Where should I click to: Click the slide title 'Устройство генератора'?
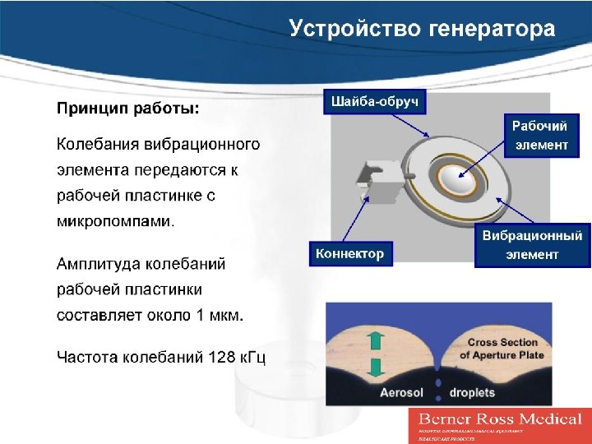click(x=422, y=30)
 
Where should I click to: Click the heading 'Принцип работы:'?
click(x=127, y=109)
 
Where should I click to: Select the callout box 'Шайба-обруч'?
click(x=375, y=102)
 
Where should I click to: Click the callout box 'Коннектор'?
click(x=349, y=254)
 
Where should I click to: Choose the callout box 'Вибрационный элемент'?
click(x=532, y=245)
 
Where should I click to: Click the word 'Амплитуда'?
click(x=98, y=265)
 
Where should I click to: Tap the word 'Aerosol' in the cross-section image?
click(x=401, y=393)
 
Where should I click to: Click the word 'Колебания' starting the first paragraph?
click(x=99, y=145)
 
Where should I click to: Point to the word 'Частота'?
click(x=88, y=358)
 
